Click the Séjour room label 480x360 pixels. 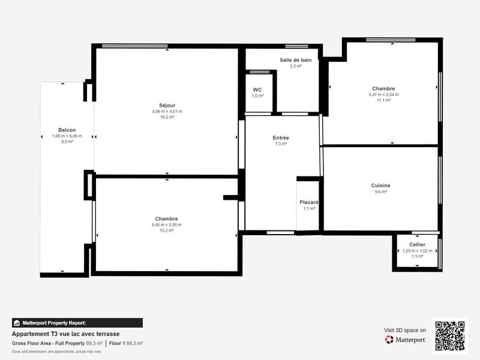(x=167, y=105)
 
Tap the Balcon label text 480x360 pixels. (x=67, y=130)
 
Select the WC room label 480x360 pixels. (x=257, y=89)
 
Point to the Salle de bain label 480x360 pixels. (x=295, y=60)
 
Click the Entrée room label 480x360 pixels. (x=281, y=137)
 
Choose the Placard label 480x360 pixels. (x=309, y=202)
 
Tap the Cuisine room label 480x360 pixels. (x=380, y=185)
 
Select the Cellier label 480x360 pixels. (x=417, y=244)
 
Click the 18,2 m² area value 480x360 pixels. (x=167, y=118)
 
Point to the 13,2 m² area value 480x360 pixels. (x=166, y=230)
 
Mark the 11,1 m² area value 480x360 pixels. (x=383, y=100)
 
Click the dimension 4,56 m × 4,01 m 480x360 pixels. (x=167, y=112)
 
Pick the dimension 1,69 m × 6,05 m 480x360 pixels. (x=67, y=136)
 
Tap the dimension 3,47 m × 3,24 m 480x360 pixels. (x=383, y=94)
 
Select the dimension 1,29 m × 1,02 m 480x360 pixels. (x=417, y=251)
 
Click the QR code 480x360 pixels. (x=450, y=336)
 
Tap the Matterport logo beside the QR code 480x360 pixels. (x=406, y=340)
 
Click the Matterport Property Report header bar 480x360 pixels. (x=77, y=323)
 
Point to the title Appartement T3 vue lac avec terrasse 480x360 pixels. (x=65, y=334)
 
